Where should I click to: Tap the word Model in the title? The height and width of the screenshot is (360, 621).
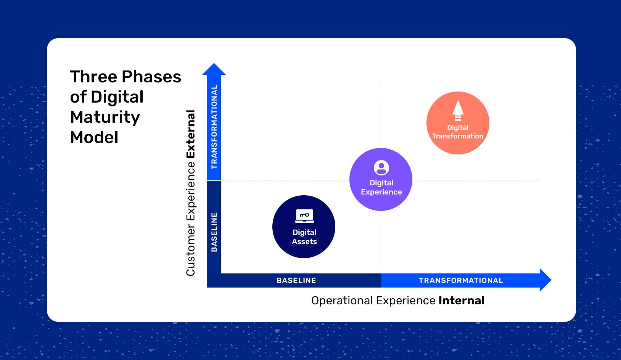[94, 137]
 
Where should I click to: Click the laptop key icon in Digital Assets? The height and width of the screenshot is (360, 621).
[304, 216]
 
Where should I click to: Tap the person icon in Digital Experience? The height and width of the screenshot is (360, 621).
[381, 168]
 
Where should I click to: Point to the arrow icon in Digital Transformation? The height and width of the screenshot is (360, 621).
[458, 110]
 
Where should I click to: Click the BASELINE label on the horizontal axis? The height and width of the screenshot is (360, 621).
[296, 281]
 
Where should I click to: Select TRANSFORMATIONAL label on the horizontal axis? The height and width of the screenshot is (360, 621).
[461, 281]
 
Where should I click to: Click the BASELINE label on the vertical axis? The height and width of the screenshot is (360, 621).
[214, 232]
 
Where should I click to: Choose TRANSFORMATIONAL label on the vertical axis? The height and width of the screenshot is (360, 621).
[214, 127]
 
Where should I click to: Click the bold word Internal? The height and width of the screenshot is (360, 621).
[461, 301]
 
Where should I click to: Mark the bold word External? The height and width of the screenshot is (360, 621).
[191, 134]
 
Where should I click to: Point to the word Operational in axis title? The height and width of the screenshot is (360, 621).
[342, 301]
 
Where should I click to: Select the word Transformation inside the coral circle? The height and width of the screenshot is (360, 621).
[457, 136]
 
